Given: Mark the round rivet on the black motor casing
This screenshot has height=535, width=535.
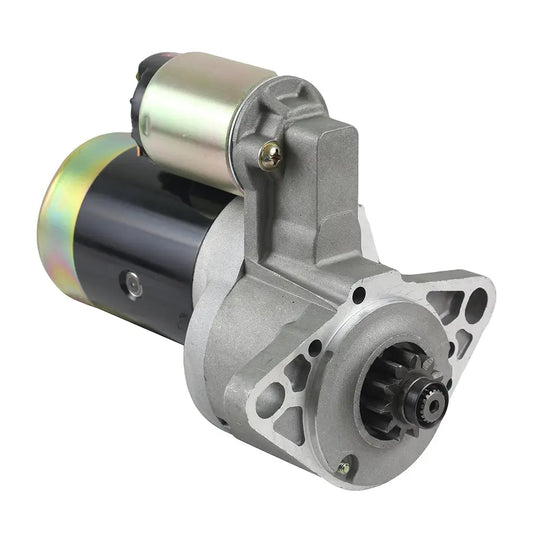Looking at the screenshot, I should [133, 286].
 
